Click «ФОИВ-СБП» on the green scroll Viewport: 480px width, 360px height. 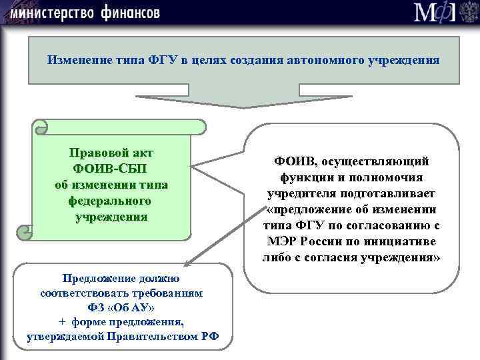pyautogui.click(x=111, y=168)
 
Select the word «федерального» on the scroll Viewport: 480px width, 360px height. pyautogui.click(x=111, y=201)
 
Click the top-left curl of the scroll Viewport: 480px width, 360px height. pyautogui.click(x=40, y=126)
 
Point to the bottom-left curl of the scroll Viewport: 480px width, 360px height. pyautogui.click(x=25, y=232)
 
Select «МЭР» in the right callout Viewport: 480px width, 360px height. pyautogui.click(x=283, y=241)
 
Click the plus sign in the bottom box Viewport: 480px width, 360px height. pyautogui.click(x=61, y=322)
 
